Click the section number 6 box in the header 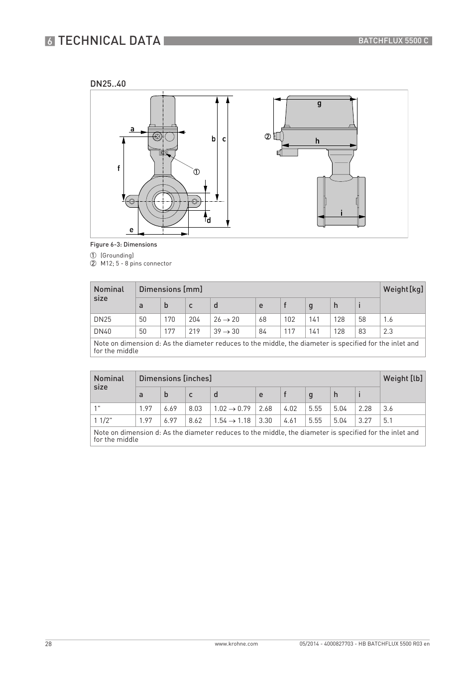50,41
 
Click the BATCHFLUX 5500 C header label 393,41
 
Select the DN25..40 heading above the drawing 108,84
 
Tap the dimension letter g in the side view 319,104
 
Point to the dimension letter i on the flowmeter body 341,213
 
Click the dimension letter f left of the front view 119,168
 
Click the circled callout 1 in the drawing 196,172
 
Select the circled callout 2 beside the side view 267,136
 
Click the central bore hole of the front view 163,202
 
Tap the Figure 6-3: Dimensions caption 123,245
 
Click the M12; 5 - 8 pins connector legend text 136,264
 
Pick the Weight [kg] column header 403,289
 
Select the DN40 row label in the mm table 103,331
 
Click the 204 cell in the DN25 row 194,319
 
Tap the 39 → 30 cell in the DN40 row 226,331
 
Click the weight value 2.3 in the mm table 388,331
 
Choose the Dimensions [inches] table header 175,379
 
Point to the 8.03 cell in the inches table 195,408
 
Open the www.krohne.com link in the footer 236,644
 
